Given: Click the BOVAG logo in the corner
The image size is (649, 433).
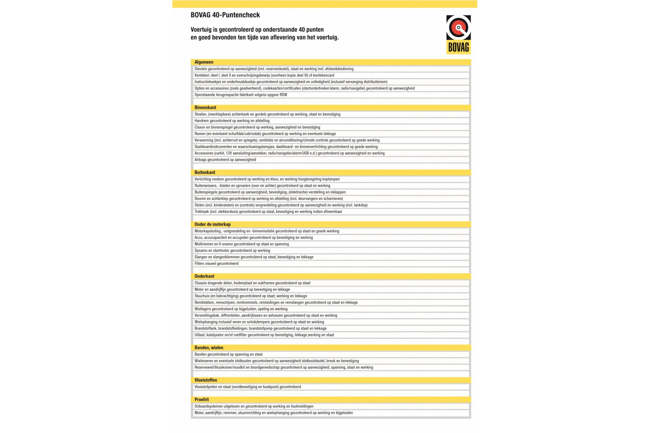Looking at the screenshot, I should [x=458, y=34].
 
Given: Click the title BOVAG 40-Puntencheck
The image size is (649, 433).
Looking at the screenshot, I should [x=225, y=15].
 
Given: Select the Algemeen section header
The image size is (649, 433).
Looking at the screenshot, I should [x=204, y=62].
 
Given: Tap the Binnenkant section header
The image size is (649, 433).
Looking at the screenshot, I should [x=205, y=108].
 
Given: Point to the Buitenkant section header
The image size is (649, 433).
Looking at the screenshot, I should [x=205, y=173].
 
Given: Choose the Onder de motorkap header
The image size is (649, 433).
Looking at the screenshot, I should [x=213, y=224].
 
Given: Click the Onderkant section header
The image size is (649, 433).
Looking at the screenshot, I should [x=204, y=276].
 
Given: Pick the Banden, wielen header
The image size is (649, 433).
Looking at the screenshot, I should [x=209, y=348].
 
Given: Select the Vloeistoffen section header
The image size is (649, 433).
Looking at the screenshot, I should [x=206, y=380].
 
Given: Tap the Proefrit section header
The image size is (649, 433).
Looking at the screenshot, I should [x=202, y=400].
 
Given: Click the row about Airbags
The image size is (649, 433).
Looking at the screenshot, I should [x=225, y=160].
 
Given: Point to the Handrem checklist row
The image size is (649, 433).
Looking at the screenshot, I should [x=232, y=121].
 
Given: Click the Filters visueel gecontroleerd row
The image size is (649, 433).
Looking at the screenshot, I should [x=216, y=264].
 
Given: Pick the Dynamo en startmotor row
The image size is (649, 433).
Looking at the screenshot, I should [x=232, y=251].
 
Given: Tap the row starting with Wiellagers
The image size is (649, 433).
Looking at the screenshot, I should [x=241, y=309].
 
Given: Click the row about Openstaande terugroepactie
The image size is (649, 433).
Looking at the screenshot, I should [x=241, y=95].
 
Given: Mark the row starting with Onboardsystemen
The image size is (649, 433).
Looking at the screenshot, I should [x=254, y=406].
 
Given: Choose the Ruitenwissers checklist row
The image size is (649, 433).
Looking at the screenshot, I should [x=262, y=186].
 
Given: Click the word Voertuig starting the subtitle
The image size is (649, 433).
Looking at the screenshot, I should [x=201, y=30].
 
